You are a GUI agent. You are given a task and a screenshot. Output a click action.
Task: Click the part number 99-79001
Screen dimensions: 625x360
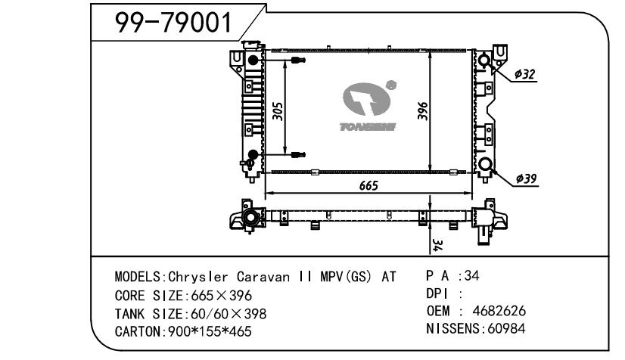(x=173, y=22)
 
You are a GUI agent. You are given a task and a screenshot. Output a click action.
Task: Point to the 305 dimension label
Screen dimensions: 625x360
(x=278, y=111)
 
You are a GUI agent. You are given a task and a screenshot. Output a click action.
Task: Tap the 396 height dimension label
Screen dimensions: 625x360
(x=422, y=111)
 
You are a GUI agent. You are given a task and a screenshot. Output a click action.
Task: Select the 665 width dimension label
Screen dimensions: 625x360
(x=368, y=185)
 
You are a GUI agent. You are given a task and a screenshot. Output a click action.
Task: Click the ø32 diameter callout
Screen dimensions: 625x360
(x=524, y=74)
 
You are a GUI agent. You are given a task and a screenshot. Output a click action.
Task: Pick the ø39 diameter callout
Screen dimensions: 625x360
(x=526, y=178)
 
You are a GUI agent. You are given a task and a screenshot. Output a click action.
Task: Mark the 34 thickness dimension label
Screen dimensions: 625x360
(x=437, y=245)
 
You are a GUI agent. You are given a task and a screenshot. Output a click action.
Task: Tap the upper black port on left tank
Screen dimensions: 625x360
(x=253, y=61)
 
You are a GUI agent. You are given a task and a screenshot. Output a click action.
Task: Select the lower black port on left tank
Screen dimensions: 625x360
(x=253, y=154)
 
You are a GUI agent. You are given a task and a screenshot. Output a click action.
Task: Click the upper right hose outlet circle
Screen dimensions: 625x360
(x=484, y=61)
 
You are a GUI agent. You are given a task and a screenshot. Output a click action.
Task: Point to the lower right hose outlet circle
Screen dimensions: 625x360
(x=486, y=164)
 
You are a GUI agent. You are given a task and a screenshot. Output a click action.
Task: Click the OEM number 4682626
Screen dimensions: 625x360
(x=499, y=311)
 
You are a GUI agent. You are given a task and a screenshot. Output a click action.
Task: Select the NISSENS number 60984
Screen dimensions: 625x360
(x=506, y=328)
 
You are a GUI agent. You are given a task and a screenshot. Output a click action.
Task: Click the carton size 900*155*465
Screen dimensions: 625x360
(x=210, y=331)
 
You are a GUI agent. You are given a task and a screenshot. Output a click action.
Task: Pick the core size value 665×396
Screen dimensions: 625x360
(x=222, y=296)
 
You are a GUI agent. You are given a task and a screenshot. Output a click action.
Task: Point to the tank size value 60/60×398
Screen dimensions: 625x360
(x=229, y=314)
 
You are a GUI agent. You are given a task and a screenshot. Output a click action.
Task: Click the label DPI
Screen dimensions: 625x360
(x=437, y=294)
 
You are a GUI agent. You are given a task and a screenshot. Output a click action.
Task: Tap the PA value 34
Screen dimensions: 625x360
(x=471, y=275)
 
